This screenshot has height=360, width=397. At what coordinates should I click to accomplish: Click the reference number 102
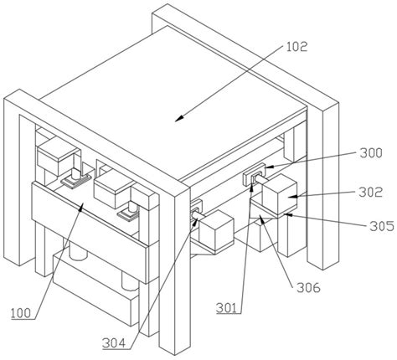tap(296, 47)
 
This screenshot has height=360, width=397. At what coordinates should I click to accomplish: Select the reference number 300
tap(371, 153)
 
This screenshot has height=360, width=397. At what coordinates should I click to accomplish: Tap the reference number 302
tap(370, 193)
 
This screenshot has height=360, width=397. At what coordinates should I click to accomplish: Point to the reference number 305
tap(382, 226)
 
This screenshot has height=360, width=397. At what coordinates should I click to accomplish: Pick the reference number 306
tap(308, 287)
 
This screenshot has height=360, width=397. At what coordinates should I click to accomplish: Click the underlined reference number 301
tap(226, 308)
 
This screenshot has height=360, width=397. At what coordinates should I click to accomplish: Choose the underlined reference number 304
tap(114, 343)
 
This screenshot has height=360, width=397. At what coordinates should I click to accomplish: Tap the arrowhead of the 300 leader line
tap(269, 167)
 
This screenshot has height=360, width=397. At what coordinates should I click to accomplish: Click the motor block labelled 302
tap(279, 195)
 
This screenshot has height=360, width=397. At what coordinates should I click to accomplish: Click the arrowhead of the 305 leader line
tap(287, 215)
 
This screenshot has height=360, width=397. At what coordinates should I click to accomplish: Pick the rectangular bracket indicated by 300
tap(255, 174)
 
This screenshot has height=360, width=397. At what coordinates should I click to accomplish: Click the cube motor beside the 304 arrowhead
tap(216, 230)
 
